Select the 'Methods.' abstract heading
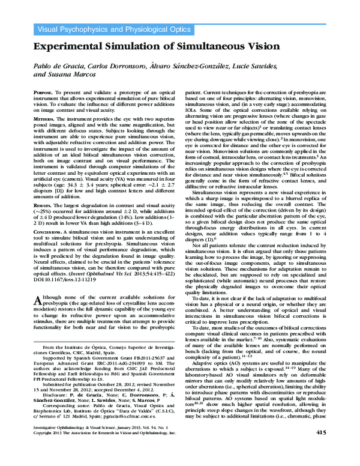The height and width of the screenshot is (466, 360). pos(45,120)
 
